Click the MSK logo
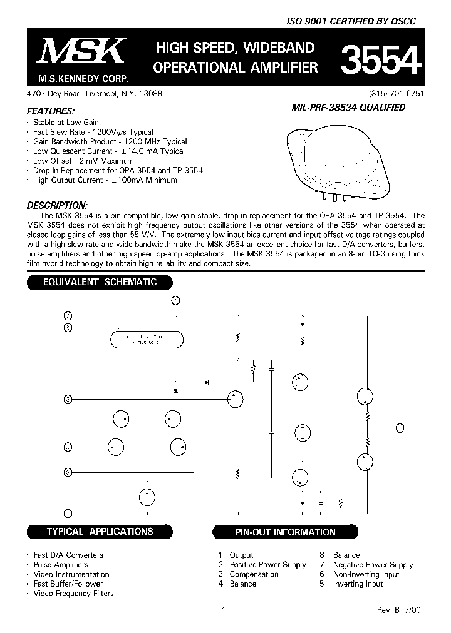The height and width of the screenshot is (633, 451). [x=82, y=51]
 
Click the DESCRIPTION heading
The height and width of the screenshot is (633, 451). [x=57, y=205]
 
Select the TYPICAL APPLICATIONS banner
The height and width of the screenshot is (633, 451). [x=100, y=532]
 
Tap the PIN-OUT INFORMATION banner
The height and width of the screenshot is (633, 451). [x=285, y=532]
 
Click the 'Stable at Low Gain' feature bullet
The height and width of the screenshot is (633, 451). [x=66, y=123]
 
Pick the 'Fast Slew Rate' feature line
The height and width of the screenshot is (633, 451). [x=93, y=132]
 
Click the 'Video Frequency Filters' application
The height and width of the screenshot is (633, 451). [x=73, y=594]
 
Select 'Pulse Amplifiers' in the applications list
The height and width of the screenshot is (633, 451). [x=61, y=565]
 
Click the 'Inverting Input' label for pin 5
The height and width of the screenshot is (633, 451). [x=358, y=584]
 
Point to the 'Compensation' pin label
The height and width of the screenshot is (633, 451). [x=254, y=574]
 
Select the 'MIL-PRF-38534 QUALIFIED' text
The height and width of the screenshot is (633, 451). [x=348, y=107]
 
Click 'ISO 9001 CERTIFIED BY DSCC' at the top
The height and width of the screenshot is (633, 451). [x=351, y=21]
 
